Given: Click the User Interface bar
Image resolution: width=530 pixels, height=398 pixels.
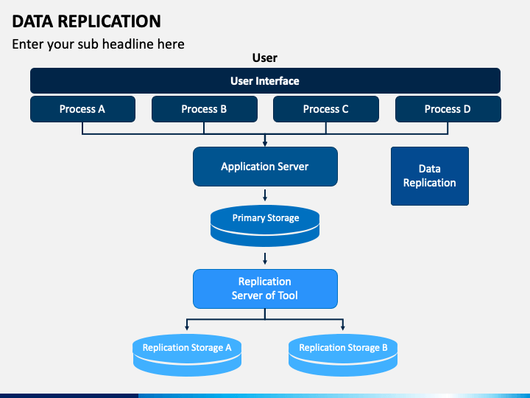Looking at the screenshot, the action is click(x=265, y=80).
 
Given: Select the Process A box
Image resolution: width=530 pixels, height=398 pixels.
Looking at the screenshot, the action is click(x=82, y=109).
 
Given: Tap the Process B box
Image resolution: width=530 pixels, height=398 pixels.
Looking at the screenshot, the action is click(x=204, y=109).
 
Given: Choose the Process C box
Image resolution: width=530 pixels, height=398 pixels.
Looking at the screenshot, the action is click(x=326, y=109).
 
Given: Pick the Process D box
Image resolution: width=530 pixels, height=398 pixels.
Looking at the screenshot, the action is click(x=448, y=109).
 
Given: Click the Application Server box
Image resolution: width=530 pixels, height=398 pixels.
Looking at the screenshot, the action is click(x=265, y=167).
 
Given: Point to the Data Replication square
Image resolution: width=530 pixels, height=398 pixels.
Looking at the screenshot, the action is click(x=430, y=176).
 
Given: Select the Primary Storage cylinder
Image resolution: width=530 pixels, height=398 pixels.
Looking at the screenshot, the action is click(x=265, y=226).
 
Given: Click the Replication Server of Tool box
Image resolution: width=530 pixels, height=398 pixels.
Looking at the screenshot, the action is click(x=265, y=289).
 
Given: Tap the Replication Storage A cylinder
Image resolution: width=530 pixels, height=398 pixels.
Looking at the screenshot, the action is click(x=187, y=355).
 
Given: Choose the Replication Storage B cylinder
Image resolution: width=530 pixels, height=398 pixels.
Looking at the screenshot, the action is click(x=343, y=355).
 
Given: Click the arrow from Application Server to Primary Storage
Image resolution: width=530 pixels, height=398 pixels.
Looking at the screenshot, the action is click(x=265, y=195).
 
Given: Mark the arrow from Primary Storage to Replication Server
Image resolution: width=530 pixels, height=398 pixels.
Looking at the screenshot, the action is click(x=265, y=259).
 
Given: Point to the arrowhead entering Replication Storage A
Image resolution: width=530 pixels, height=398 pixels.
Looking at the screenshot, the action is click(x=187, y=327).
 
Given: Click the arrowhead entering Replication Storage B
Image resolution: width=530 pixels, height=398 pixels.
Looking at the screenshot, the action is click(x=343, y=327).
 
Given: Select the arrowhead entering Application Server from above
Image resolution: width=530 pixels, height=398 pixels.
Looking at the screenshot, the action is click(x=265, y=144).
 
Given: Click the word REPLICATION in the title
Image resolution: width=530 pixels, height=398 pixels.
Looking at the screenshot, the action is click(x=109, y=21).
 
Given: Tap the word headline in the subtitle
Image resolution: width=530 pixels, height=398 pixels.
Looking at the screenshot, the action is click(x=128, y=44).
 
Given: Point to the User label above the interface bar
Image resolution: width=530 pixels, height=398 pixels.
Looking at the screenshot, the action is click(x=265, y=58).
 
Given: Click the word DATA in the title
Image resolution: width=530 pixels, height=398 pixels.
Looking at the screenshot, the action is click(x=33, y=21).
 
